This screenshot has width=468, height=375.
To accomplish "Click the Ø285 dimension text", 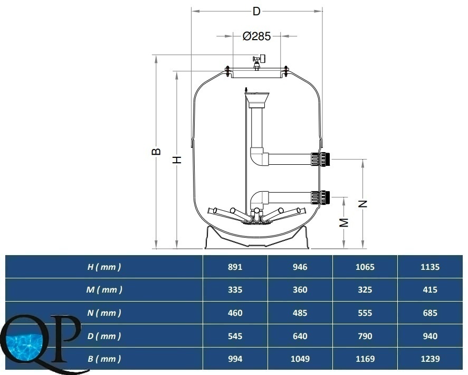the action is point(256,36).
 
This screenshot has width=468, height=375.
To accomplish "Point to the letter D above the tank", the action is point(256,11).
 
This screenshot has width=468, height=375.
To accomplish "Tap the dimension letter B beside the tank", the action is point(156,152).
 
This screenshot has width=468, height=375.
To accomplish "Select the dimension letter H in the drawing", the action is point(177,160).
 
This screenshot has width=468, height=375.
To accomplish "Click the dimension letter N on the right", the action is point(362,204).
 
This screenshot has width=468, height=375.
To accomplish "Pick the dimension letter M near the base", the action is point(344,222).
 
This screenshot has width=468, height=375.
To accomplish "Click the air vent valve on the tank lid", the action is point(258,62).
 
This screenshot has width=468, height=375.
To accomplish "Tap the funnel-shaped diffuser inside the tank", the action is point(256,100).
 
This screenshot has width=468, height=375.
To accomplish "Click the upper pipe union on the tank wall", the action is point(321,159).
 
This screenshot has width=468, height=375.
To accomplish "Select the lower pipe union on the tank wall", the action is point(321,197).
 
